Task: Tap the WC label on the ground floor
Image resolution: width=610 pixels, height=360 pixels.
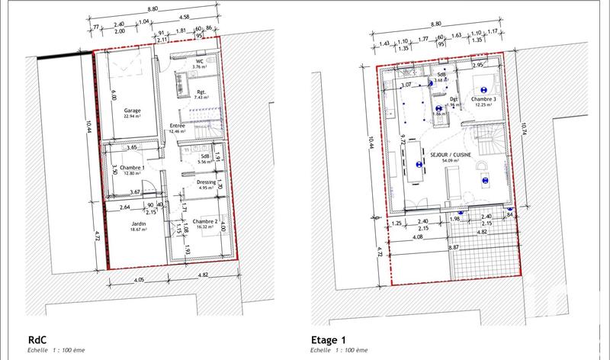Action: (x=199, y=61)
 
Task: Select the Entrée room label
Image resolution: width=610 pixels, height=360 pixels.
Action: (x=177, y=125)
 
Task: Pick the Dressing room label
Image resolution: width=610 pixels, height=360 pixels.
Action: (x=206, y=182)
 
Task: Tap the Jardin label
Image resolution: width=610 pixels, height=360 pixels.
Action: (x=138, y=223)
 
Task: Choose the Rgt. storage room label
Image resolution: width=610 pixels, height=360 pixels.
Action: (x=201, y=92)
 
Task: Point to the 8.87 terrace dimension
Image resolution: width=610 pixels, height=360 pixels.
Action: (x=453, y=247)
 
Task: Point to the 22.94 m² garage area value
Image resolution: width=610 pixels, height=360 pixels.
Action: (x=133, y=116)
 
